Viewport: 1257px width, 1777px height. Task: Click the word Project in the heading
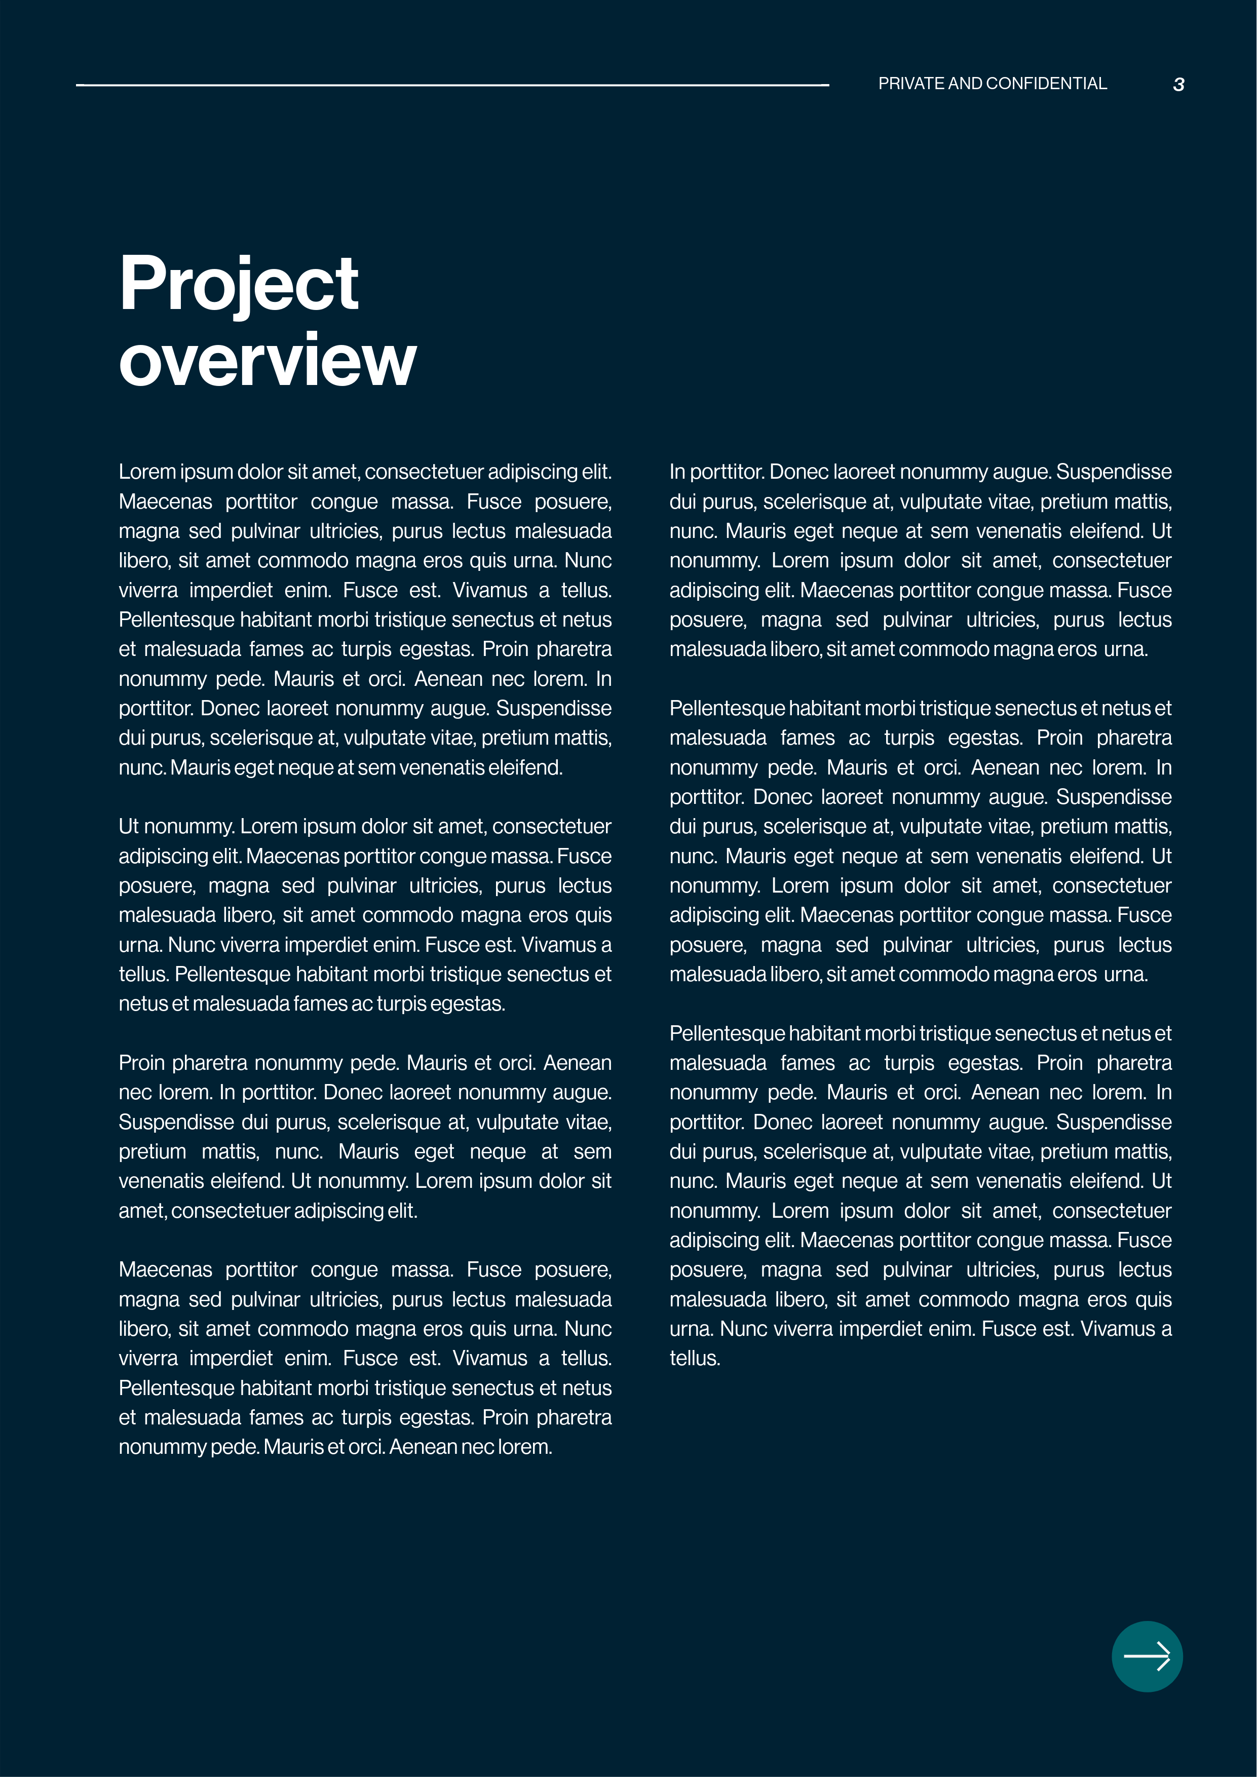coord(239,285)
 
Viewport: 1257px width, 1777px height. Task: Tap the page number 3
coord(1178,85)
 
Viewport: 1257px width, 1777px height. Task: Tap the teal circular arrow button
coord(1147,1656)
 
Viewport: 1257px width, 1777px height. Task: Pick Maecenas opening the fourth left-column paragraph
coord(165,1269)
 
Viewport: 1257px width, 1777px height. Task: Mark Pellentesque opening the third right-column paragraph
coord(727,1033)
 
